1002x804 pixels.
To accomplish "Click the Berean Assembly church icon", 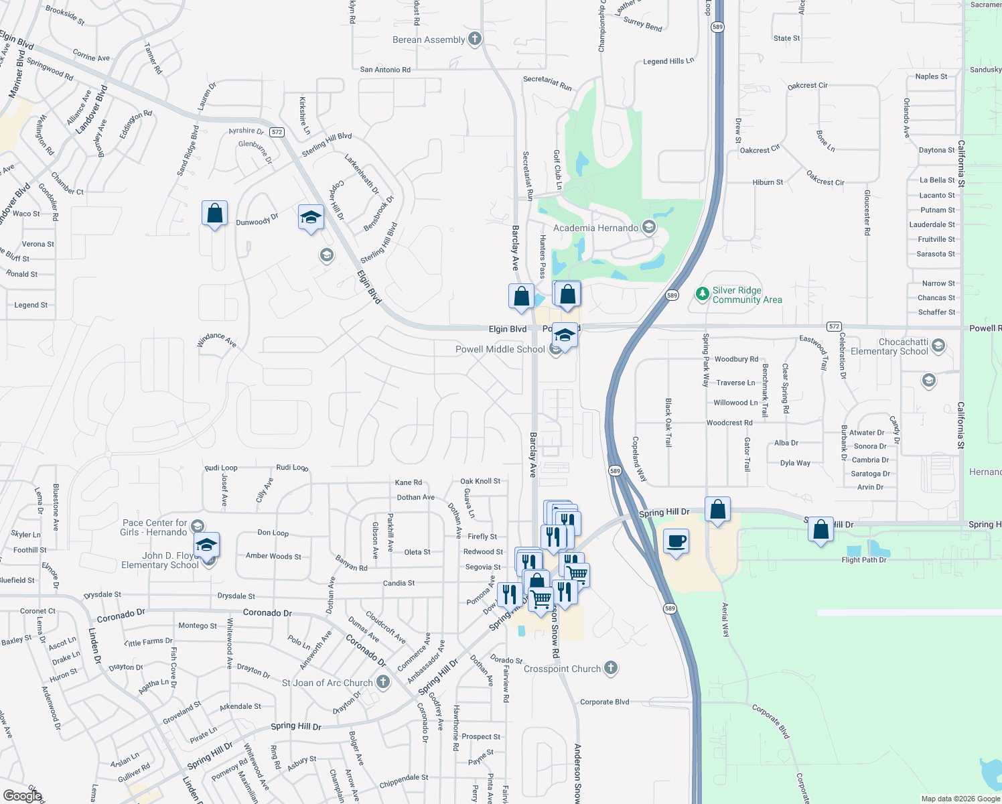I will coord(474,39).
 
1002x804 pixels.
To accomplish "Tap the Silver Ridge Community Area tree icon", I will coord(702,293).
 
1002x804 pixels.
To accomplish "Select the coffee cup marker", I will coord(676,541).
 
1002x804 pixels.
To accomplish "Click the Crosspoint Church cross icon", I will coord(610,667).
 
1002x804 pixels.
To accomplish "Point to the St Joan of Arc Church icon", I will coord(383,682).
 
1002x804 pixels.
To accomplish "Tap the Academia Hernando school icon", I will coord(648,227).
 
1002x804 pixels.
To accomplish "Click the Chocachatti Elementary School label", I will coord(889,346).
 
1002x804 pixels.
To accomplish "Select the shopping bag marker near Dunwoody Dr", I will coord(214,214).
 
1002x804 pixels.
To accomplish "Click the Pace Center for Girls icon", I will coord(197,526).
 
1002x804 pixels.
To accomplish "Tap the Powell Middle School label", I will coord(500,349).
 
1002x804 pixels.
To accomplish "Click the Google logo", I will coord(22,795).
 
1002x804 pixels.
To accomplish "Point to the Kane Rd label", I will coord(409,482).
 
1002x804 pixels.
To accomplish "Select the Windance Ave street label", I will coord(216,340).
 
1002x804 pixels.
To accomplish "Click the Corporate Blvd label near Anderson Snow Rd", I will coord(604,702).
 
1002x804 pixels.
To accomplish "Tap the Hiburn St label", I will coord(768,182).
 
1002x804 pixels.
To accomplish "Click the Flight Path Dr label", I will coord(863,560).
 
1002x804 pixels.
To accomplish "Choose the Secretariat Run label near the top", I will coord(547,83).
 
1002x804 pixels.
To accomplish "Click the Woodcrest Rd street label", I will coord(729,423).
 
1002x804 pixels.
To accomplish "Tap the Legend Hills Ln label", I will coord(668,62).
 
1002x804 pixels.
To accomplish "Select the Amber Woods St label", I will coord(273,556).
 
